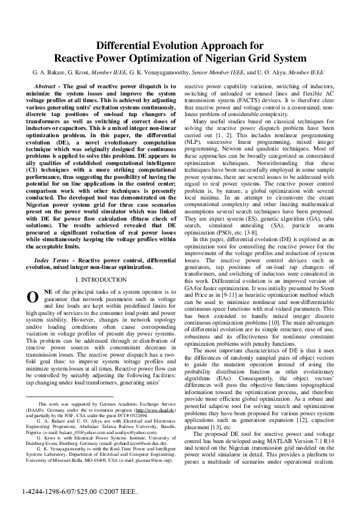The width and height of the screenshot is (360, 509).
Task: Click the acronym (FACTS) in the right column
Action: (x=249, y=100)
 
